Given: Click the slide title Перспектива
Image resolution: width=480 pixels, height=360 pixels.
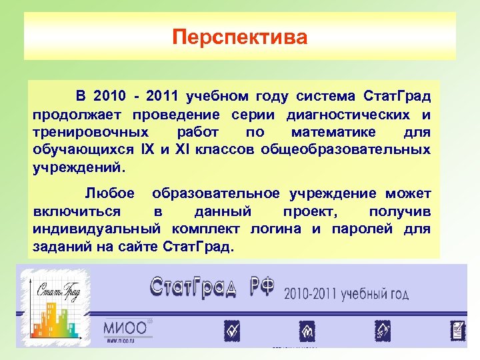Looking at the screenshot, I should pyautogui.click(x=240, y=37).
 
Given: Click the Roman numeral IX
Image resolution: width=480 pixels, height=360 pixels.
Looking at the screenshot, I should pyautogui.click(x=148, y=149).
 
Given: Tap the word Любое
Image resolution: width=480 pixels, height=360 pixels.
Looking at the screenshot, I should pyautogui.click(x=110, y=194).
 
